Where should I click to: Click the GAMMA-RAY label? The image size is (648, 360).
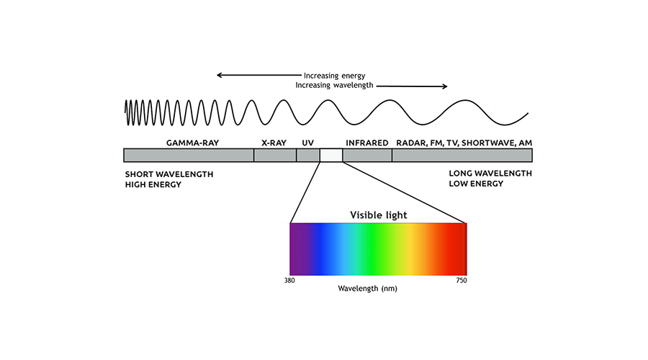coord(192,143)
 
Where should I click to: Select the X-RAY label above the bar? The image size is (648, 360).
coord(274,143)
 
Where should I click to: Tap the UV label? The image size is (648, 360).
coord(308,143)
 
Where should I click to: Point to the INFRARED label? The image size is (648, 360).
coord(367,143)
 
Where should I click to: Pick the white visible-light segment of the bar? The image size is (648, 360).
coord(331,156)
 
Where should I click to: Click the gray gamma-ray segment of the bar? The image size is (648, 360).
coord(189,156)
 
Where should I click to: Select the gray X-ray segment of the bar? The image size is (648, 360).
coord(275,156)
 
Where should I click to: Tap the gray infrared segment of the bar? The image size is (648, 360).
coord(367,156)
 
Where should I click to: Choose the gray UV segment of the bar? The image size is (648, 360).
coord(308,156)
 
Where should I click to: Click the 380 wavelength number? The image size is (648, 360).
coord(289,281)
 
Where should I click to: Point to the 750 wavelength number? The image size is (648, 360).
coord(462,281)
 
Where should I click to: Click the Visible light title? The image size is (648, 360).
coord(379,215)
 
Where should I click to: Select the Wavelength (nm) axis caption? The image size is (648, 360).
coord(367,289)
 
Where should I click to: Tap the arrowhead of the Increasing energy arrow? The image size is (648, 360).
coord(220,75)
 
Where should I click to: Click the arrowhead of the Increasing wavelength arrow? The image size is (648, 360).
coord(445,86)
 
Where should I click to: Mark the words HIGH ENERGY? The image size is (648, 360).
coord(153,185)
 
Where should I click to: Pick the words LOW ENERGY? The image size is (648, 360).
coord(476,184)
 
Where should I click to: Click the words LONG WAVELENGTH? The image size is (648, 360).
coord(490,174)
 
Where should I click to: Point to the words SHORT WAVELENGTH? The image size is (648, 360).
coord(169,174)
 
